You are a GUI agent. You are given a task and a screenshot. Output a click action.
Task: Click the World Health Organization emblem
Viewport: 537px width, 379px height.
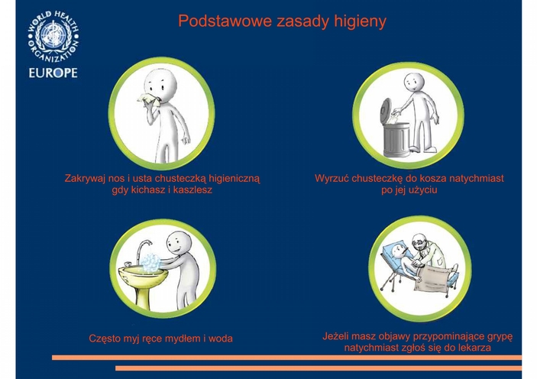[53, 37]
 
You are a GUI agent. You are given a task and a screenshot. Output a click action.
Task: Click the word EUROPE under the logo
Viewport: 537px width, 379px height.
[53, 73]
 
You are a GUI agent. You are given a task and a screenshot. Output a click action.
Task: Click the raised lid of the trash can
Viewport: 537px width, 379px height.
[386, 112]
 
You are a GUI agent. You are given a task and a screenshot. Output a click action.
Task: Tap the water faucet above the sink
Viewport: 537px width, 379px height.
[144, 249]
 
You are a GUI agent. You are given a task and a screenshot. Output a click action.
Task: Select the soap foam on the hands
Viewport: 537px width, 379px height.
[150, 263]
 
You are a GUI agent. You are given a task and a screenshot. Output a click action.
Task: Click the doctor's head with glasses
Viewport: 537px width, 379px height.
[420, 242]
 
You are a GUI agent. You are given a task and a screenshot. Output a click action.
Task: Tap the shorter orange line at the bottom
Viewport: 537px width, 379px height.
[319, 368]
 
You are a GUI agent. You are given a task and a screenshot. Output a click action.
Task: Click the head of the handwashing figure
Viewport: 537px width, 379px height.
[178, 243]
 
